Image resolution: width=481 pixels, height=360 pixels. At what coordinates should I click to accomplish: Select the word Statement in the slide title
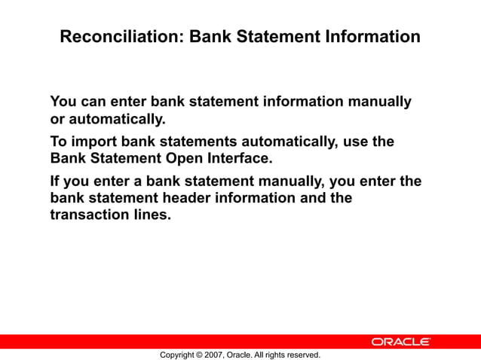pos(280,36)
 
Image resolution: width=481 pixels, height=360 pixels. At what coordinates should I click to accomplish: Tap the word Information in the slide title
pos(372,36)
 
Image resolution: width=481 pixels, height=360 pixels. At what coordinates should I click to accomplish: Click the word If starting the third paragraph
pos(55,182)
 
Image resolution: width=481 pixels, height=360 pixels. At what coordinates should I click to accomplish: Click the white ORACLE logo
pos(400,342)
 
